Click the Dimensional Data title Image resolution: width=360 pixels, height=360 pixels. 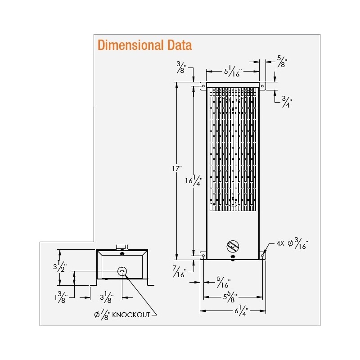click(144, 45)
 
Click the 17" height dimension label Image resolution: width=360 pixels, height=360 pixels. click(177, 169)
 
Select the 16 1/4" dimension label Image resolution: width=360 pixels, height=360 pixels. click(194, 180)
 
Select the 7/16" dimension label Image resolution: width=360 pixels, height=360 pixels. click(179, 271)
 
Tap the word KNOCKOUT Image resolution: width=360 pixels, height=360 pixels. click(130, 315)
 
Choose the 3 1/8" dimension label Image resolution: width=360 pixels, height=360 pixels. click(107, 297)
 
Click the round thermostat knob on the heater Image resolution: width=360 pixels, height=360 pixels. click(233, 246)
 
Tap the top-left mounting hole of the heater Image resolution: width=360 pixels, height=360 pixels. click(203, 85)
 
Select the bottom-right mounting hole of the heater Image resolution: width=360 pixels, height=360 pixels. click(262, 256)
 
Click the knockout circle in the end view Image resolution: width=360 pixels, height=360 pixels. click(122, 271)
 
